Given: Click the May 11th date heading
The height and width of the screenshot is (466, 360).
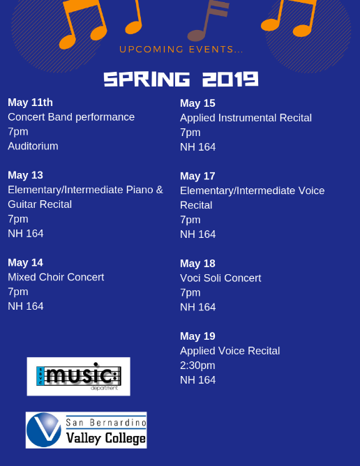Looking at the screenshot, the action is point(30,103).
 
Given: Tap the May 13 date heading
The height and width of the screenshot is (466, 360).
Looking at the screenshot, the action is point(25,175).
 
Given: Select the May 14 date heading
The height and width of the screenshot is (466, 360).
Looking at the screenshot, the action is point(25,263).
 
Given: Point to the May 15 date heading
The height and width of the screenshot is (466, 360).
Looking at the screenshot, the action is point(197,103).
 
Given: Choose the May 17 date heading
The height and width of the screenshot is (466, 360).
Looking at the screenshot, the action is point(197,176).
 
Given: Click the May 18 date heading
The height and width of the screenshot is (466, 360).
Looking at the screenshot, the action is point(197,264).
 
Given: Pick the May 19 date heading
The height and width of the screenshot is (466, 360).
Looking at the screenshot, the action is point(197,336).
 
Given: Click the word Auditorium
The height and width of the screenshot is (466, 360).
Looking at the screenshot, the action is point(33,146).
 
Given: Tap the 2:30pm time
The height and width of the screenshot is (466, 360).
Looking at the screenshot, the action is point(197,366).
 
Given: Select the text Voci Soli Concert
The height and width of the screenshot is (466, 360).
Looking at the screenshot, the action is point(220,278).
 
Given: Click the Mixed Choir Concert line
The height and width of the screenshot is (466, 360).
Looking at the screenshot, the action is point(56,277).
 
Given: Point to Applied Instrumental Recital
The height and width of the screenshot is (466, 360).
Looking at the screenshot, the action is point(246,118).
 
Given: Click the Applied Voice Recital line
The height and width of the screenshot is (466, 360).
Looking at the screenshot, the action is point(230,351).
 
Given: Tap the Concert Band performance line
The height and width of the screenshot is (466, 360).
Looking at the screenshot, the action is point(71,117).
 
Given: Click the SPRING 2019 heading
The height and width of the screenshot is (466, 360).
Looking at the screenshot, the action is point(181,80).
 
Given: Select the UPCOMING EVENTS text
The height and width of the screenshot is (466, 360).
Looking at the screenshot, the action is point(181,50).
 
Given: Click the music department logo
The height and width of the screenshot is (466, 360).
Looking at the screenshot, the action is point(78,377).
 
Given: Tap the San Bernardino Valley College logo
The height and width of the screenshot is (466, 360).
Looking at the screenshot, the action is point(87,430).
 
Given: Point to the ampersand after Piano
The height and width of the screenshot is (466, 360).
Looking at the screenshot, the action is point(159,190).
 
